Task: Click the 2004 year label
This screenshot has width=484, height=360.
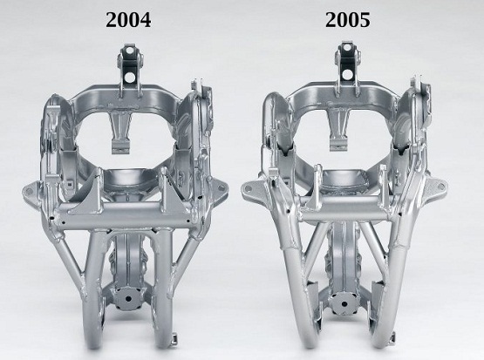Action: [x=128, y=20]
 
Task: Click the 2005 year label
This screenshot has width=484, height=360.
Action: [x=348, y=20]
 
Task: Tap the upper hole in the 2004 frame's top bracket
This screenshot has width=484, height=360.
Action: [x=129, y=50]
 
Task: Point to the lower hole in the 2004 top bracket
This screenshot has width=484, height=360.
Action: [x=130, y=77]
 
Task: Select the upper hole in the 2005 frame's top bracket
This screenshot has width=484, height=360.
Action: [x=346, y=48]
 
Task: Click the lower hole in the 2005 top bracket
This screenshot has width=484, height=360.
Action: [x=347, y=74]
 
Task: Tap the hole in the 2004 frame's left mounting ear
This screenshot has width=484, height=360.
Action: [x=29, y=192]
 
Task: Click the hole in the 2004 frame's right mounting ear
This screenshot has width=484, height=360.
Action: [x=222, y=187]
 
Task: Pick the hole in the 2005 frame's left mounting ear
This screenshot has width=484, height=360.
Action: [x=249, y=188]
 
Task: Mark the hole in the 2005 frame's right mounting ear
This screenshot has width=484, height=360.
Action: [x=440, y=185]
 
